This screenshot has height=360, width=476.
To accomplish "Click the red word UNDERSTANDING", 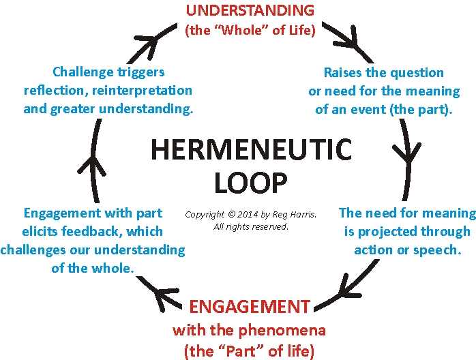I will pyautogui.click(x=250, y=11).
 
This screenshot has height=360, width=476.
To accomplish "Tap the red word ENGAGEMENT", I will pyautogui.click(x=250, y=306).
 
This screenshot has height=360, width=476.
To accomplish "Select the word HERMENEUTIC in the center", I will pyautogui.click(x=251, y=150).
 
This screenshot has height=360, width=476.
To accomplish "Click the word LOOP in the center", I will pyautogui.click(x=250, y=182).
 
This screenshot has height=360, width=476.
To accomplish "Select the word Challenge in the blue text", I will pyautogui.click(x=83, y=72).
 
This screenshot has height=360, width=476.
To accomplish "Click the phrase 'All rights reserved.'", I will pyautogui.click(x=251, y=226).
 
